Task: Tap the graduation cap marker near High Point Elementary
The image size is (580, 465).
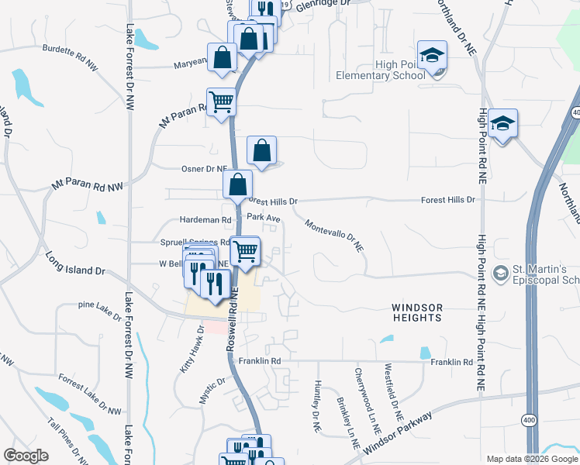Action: point(432,56)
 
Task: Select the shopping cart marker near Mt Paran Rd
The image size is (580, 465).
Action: point(222,102)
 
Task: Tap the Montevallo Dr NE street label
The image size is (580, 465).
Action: point(335,235)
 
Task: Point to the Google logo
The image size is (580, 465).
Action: point(26,456)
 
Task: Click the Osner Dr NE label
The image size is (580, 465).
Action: point(204,168)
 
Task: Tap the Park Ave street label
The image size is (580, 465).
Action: point(263,219)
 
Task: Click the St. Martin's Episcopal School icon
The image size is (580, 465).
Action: point(501,273)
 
